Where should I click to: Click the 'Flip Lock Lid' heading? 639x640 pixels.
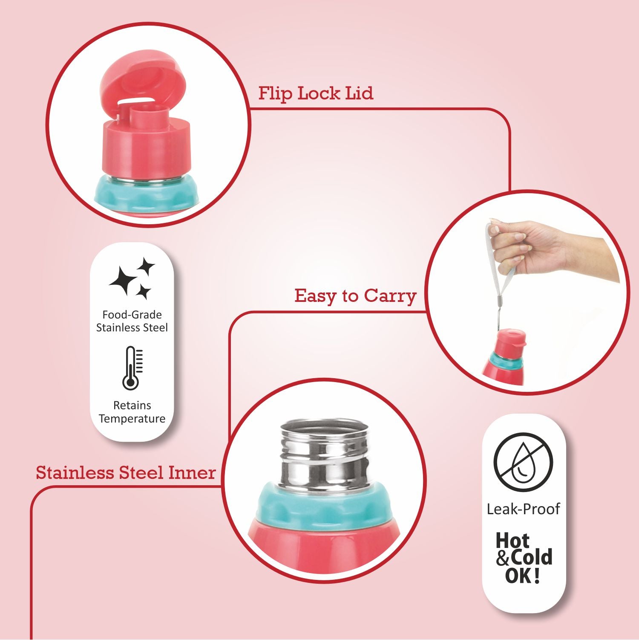pos(316,93)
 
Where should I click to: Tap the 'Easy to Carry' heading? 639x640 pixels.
pos(355,295)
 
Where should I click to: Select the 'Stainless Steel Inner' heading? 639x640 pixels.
pos(126,472)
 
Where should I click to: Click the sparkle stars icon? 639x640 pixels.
pos(132,278)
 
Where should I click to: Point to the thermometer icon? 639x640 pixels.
pos(132,368)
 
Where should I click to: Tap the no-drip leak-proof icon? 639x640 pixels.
pos(523,462)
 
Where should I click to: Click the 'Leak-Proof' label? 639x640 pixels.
pos(523,509)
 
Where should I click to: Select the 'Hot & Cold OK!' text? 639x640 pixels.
pos(524,558)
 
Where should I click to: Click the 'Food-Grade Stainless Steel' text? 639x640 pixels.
pos(132,321)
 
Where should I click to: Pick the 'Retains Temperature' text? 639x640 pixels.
pos(132,412)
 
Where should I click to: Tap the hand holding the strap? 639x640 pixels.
pos(550,247)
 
